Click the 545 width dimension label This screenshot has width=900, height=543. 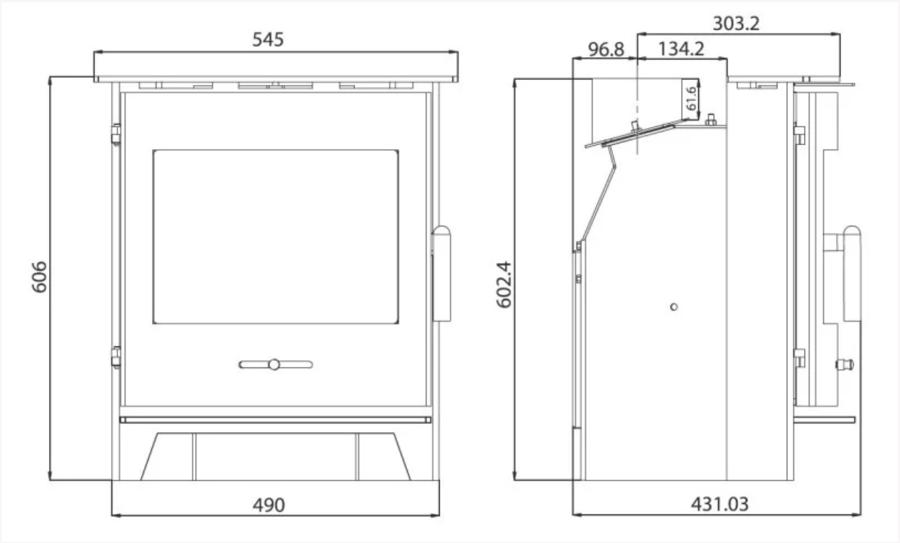pos(268,39)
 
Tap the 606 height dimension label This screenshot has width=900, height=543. pos(39,277)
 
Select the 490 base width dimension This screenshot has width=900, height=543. pos(269,505)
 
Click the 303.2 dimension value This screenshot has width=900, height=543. pos(736,23)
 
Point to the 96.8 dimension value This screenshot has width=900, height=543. pos(606,49)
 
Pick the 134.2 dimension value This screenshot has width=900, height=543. pos(681,49)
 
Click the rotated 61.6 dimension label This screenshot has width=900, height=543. pos(691,99)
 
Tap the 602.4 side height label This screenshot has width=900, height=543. pos(504,284)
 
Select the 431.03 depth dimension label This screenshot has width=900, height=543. pos(719,504)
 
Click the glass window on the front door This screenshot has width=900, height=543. pos(276,237)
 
